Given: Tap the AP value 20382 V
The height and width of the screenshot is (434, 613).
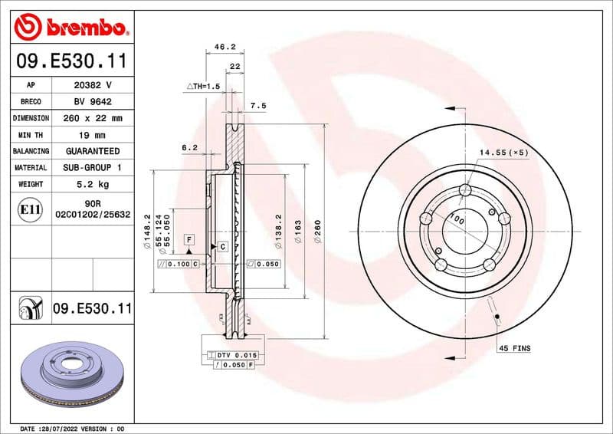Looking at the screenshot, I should [92, 85].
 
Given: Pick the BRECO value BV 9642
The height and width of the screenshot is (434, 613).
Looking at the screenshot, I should [92, 102].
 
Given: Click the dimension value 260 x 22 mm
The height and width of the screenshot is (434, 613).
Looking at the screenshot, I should [92, 119].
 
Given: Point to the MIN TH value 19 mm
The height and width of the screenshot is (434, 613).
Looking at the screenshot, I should [92, 135].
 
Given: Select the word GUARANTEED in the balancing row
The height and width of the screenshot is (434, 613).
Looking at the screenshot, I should [92, 151].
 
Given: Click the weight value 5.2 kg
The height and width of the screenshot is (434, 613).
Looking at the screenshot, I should [92, 184].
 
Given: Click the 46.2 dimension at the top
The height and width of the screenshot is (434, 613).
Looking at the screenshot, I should [224, 47].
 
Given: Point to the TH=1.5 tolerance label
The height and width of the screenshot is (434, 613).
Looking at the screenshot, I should [203, 87].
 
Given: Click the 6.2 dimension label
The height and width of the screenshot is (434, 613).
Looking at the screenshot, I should [189, 147].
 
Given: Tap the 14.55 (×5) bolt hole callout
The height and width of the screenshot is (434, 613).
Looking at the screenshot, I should [503, 153].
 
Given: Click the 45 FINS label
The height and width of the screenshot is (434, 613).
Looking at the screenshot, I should [514, 348].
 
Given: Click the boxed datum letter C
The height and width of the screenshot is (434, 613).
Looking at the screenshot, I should [222, 246].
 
